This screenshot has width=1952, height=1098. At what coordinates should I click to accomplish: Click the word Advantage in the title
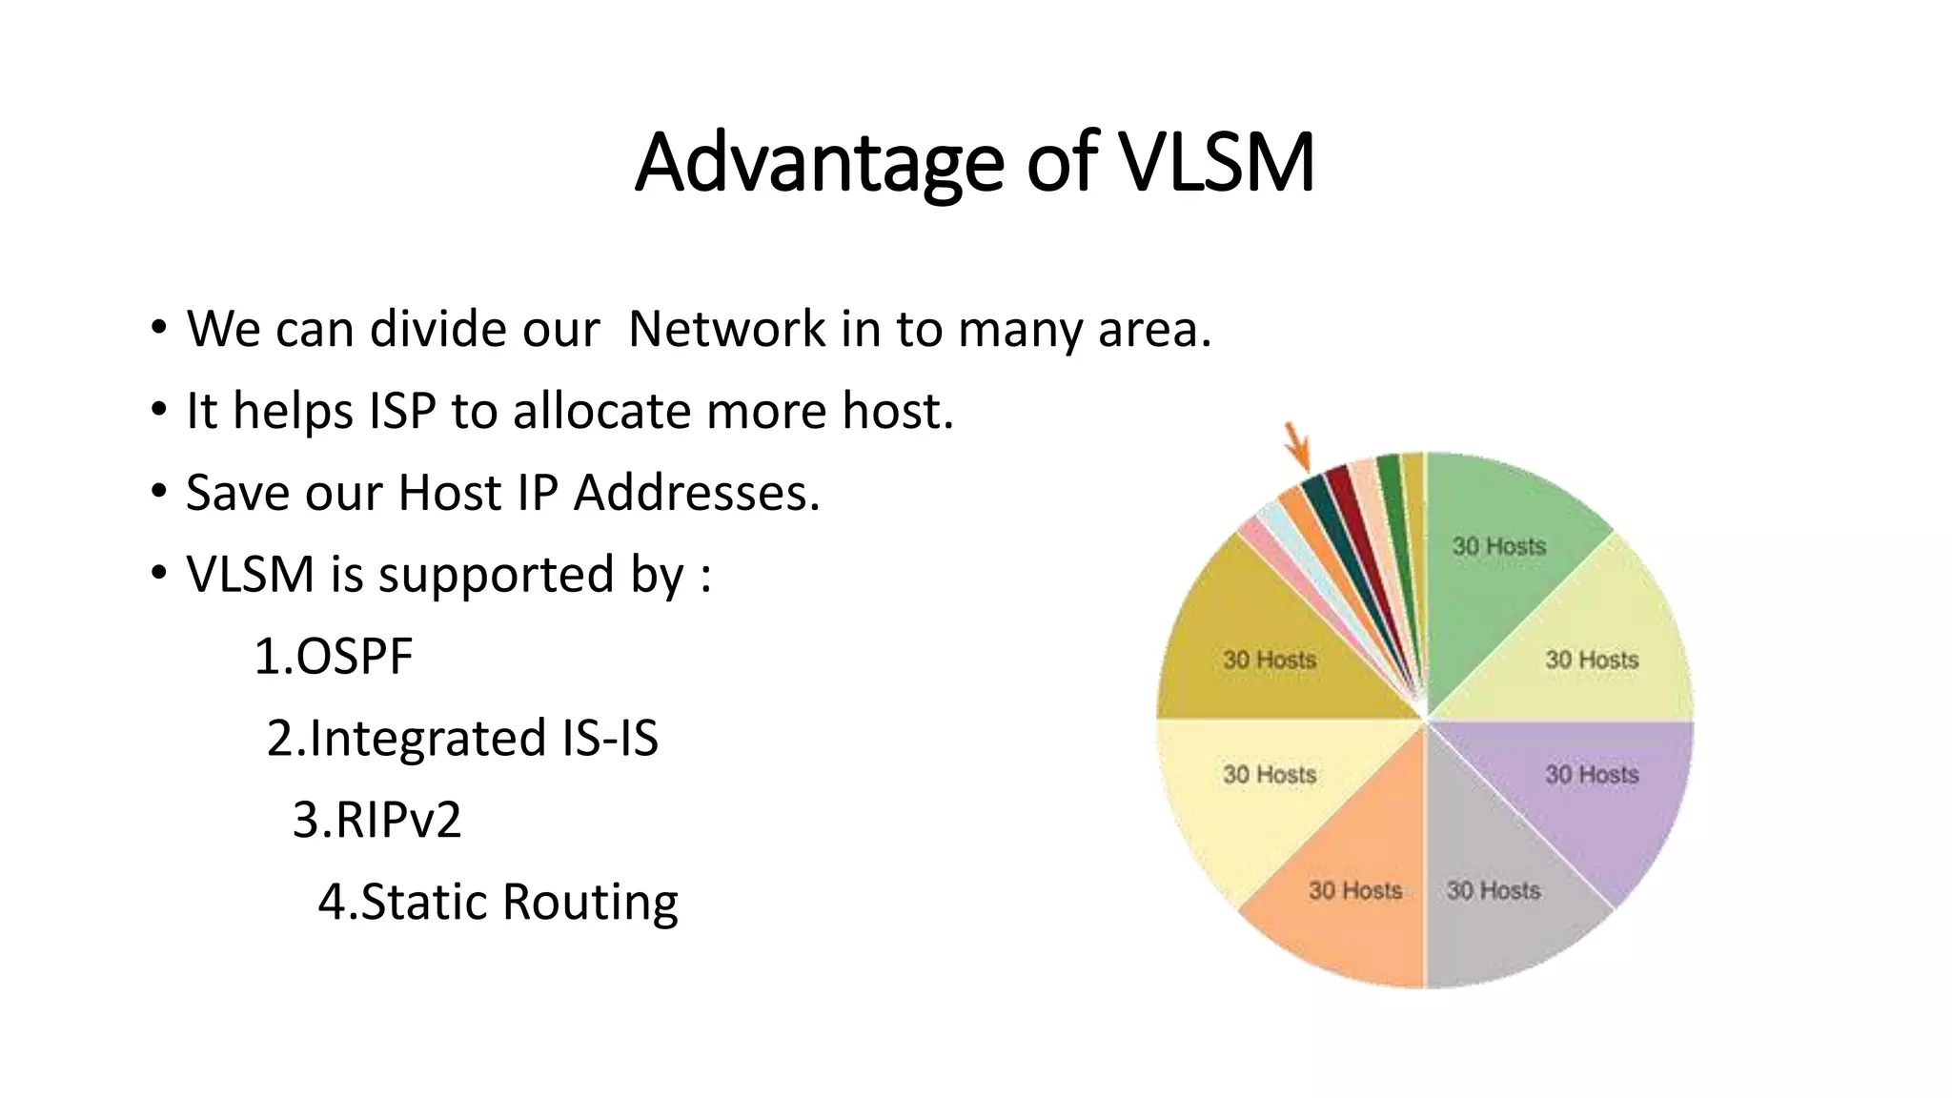click(x=819, y=162)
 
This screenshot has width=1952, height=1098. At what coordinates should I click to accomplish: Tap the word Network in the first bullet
click(x=727, y=329)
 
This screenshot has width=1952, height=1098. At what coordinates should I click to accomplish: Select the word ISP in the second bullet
click(x=402, y=411)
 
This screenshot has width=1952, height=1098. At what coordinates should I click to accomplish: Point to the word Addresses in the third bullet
click(x=696, y=493)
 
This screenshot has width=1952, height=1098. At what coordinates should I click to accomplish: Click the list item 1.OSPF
click(x=334, y=657)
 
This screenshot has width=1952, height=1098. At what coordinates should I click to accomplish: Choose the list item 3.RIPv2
click(x=376, y=820)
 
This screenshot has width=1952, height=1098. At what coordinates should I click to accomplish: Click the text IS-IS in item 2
click(x=610, y=739)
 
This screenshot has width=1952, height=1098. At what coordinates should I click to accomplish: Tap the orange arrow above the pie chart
click(x=1297, y=446)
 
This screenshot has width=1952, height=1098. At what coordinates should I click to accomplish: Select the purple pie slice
click(x=1592, y=791)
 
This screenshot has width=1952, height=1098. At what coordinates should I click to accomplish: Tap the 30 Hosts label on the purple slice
click(x=1592, y=774)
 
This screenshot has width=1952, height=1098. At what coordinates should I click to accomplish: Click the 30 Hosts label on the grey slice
click(x=1494, y=890)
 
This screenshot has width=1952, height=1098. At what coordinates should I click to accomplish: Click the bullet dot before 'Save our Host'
click(x=158, y=493)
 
